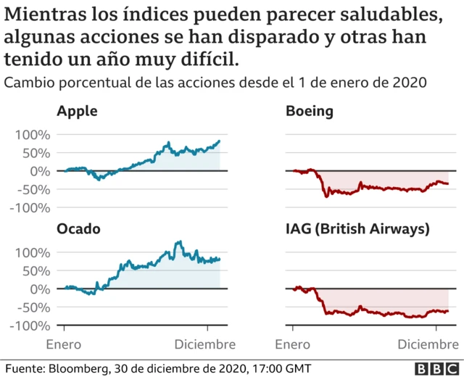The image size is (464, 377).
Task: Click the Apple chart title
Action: click(x=77, y=111)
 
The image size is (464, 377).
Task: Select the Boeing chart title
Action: click(x=310, y=111)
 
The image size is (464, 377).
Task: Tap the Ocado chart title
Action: click(x=78, y=229)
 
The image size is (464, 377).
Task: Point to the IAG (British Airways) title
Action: click(x=358, y=229)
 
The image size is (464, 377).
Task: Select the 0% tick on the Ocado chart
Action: click(x=40, y=289)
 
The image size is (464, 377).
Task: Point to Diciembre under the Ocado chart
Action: click(x=204, y=343)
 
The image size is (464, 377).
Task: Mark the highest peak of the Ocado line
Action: click(x=178, y=242)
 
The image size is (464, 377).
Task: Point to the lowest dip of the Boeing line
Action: click(x=326, y=196)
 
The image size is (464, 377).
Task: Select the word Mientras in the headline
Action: click(x=42, y=14)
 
